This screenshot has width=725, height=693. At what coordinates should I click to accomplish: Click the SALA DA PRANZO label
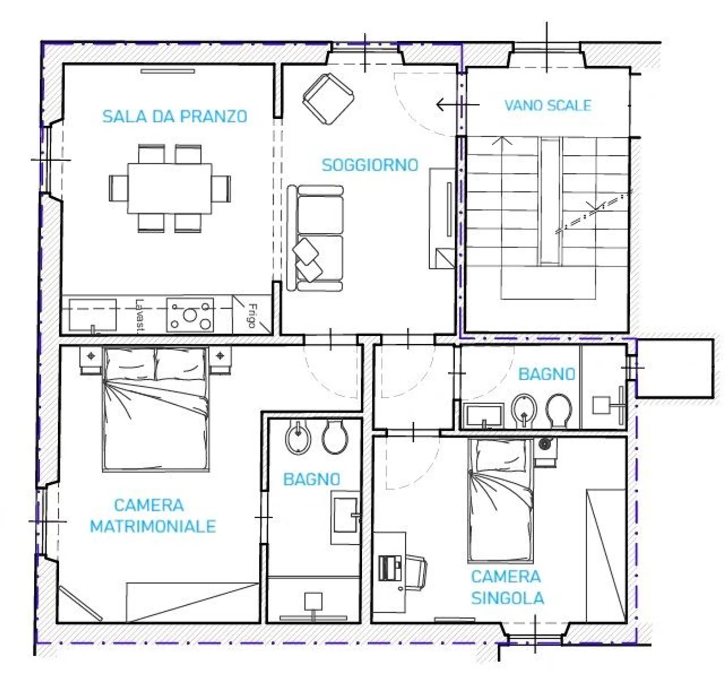(x=175, y=116)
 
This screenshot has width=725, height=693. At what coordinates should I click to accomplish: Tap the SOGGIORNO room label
(x=370, y=165)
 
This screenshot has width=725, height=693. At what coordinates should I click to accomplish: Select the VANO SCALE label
(x=548, y=105)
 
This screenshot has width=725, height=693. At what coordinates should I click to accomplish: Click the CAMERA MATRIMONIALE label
(x=152, y=516)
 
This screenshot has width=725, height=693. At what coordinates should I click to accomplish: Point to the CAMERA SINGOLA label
(x=507, y=587)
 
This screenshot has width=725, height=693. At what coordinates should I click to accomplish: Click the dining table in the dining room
(x=170, y=188)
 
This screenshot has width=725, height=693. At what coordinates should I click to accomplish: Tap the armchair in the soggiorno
(x=328, y=99)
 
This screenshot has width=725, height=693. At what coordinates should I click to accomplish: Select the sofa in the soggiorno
(x=315, y=238)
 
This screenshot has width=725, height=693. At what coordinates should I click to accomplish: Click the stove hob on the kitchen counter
(x=190, y=315)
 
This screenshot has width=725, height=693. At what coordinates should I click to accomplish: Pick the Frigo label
(x=252, y=315)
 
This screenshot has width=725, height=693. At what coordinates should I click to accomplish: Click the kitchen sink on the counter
(x=92, y=315)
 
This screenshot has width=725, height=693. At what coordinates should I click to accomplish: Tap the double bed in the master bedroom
(x=155, y=409)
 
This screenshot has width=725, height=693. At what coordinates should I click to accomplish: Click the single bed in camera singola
(x=500, y=500)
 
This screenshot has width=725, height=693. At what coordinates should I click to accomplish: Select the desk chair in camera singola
(x=416, y=573)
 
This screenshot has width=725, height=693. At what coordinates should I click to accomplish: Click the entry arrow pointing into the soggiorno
(x=457, y=105)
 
